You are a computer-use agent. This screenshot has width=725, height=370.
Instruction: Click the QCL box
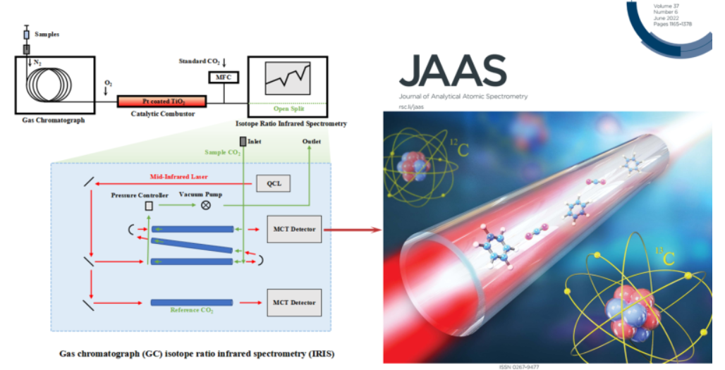click(x=274, y=183)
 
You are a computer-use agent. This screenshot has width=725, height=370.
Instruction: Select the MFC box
click(x=224, y=77)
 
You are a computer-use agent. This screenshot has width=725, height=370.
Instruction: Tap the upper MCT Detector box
click(x=294, y=229)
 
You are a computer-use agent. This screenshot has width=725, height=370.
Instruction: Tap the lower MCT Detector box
click(x=294, y=302)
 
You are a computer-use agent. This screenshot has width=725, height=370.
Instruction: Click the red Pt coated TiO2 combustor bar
click(x=162, y=101)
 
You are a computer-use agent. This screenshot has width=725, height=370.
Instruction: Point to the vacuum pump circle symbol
click(x=206, y=204)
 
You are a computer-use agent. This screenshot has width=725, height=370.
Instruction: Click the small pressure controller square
click(x=149, y=206)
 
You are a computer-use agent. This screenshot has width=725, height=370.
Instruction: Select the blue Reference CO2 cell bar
click(x=191, y=302)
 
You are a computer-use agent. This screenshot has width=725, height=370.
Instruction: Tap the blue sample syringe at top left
click(x=26, y=35)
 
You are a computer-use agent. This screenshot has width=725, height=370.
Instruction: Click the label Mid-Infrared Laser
click(x=179, y=176)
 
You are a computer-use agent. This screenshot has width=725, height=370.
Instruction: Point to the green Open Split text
click(x=288, y=109)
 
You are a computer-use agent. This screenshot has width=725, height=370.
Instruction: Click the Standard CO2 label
click(x=200, y=61)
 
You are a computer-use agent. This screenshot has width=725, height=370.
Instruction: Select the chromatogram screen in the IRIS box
click(x=288, y=78)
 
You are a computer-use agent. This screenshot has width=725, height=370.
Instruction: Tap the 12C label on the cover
click(x=459, y=148)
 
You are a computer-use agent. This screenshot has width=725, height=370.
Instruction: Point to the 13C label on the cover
click(x=665, y=257)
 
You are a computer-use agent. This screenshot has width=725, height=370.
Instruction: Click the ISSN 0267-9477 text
click(x=519, y=367)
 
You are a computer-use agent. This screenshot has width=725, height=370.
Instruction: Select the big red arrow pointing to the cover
click(x=353, y=230)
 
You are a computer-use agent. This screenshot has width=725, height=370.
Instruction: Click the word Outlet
click(x=311, y=142)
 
